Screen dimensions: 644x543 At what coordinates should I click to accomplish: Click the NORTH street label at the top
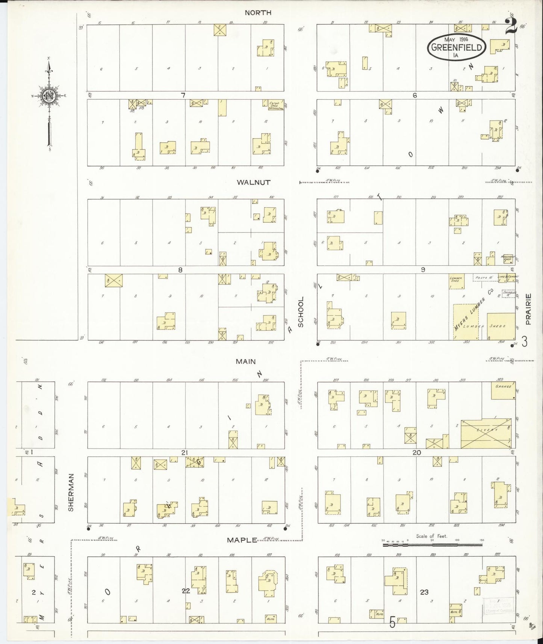pyautogui.click(x=258, y=13)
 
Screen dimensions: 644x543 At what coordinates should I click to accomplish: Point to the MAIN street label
pyautogui.click(x=246, y=361)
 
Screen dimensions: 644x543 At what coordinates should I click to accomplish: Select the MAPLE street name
pyautogui.click(x=242, y=540)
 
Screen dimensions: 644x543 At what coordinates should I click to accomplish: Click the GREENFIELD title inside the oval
pyautogui.click(x=457, y=47)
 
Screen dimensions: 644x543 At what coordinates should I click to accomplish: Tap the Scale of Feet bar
pyautogui.click(x=432, y=544)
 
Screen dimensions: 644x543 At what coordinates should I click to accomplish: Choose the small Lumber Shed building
pyautogui.click(x=456, y=281)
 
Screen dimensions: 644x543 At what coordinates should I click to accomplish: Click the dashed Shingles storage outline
pyautogui.click(x=508, y=293)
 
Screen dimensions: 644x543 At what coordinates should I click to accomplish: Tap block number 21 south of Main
pyautogui.click(x=184, y=453)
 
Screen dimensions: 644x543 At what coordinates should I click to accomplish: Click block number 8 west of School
pyautogui.click(x=180, y=269)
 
